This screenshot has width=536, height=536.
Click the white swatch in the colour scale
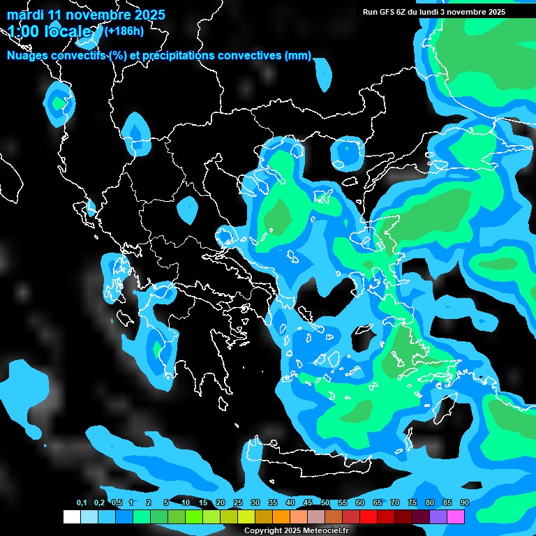(x=72, y=516)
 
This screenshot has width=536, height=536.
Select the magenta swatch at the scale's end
(x=456, y=516)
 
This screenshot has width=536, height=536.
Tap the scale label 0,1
(x=82, y=503)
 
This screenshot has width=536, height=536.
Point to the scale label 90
(x=464, y=503)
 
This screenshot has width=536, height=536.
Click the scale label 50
(x=325, y=503)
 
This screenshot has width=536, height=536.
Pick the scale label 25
(x=238, y=503)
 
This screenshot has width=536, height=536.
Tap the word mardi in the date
(x=25, y=15)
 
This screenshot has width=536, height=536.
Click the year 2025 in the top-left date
(x=149, y=15)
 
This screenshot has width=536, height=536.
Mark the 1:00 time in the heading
(x=24, y=31)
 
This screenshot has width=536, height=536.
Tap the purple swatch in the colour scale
(x=438, y=516)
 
